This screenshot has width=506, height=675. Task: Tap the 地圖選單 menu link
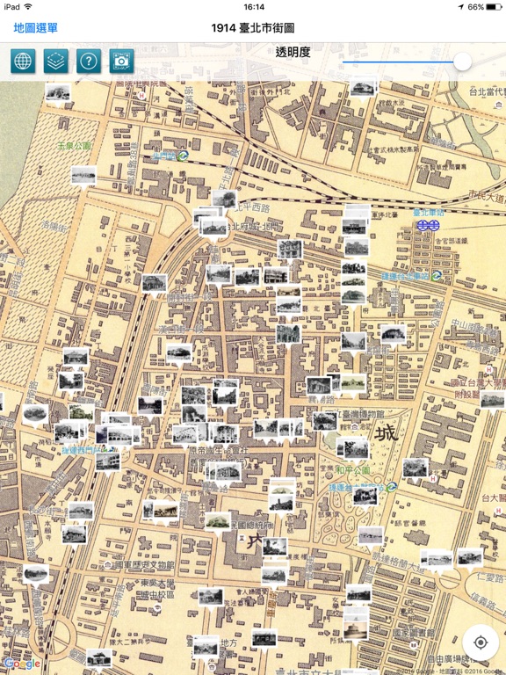coord(35,28)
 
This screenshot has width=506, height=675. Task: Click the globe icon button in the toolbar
coord(24,62)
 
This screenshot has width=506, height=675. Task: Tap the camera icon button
coord(121,62)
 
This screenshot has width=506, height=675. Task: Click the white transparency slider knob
coord(462,62)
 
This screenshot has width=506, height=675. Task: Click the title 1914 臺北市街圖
coord(253,28)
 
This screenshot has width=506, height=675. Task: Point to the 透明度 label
coord(293,52)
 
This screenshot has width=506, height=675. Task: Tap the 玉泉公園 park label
coord(74,146)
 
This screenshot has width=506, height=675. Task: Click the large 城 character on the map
coord(385,435)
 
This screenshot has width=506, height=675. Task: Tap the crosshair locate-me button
coord(481,642)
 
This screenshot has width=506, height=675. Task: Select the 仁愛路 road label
coord(487,580)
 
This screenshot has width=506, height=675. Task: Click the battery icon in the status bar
coord(495,7)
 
